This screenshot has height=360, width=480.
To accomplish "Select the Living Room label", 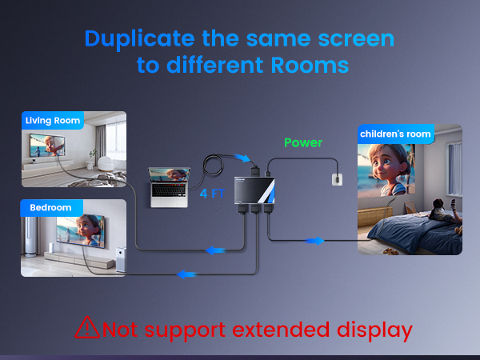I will (x=53, y=121).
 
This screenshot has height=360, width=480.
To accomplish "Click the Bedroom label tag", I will (x=50, y=208).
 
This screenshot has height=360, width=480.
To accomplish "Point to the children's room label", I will (x=395, y=134).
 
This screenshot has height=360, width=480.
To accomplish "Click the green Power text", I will (x=303, y=143).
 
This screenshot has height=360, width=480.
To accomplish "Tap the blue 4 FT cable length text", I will (x=212, y=193).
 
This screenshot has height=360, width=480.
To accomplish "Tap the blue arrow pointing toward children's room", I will (x=317, y=240).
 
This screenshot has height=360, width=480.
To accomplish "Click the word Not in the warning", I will (x=121, y=328).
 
